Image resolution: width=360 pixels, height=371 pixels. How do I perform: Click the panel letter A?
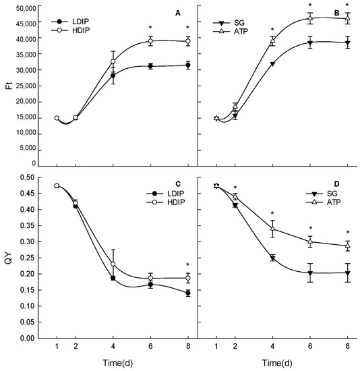pos(178,13)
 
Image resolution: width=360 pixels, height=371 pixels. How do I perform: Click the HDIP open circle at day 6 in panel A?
pos(150,41)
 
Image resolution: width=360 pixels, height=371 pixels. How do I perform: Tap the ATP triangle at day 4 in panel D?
pos(272,229)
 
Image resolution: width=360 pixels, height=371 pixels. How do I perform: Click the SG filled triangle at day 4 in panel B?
pos(272,64)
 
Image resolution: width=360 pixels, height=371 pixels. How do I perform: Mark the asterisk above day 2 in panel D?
pos(235,188)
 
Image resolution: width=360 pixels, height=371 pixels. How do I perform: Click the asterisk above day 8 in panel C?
pos(187,265)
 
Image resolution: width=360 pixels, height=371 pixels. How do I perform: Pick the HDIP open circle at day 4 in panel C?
pos(113,264)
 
